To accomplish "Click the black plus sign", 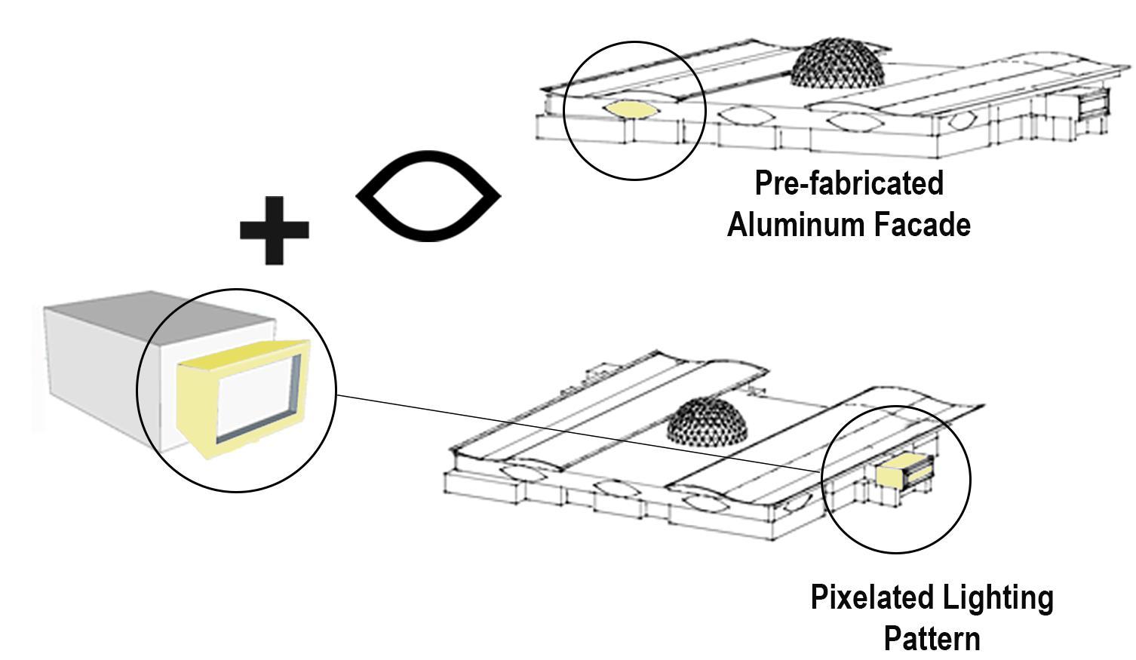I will point(274,230).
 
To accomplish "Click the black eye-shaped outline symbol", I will point(428,196).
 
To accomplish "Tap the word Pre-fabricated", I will point(849,183).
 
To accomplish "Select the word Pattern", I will point(932,638).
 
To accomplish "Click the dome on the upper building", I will point(837,65).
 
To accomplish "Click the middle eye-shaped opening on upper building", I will point(745,116).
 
